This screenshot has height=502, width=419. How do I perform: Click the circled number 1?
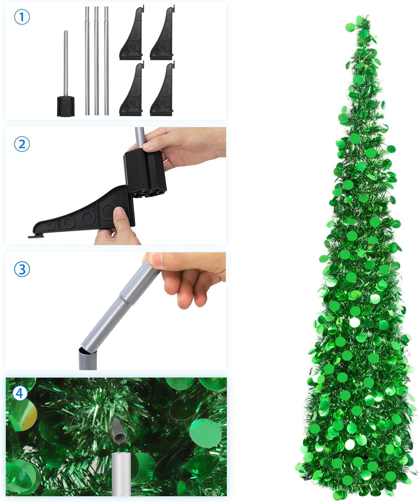pyautogui.click(x=22, y=17)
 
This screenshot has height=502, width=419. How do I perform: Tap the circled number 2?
pyautogui.click(x=22, y=144)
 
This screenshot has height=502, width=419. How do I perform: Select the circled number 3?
pyautogui.click(x=22, y=269)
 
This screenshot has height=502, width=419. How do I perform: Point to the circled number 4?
pyautogui.click(x=20, y=393)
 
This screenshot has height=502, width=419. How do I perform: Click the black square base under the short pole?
pyautogui.click(x=66, y=106)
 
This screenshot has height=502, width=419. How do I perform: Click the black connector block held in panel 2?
pyautogui.click(x=145, y=173)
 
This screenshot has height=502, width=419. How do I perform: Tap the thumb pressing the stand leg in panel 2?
pyautogui.click(x=119, y=216)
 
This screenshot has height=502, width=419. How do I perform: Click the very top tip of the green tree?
pyautogui.click(x=366, y=16)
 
